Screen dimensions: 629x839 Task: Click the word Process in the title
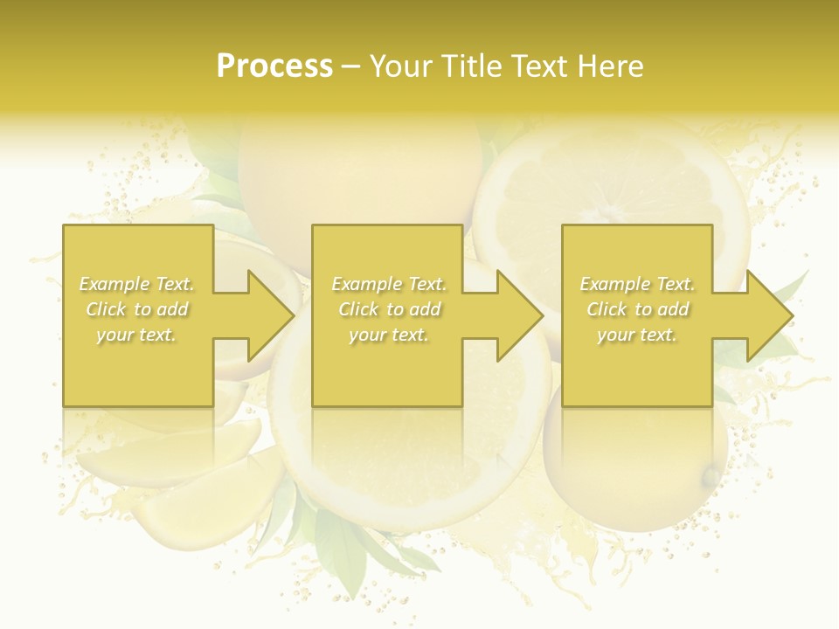pos(274,66)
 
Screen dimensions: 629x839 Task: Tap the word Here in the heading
pos(612,66)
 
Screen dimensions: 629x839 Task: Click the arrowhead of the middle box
pos(519,315)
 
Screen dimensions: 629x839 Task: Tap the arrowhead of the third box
pos(769,315)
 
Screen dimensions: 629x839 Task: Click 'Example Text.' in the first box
pos(137,284)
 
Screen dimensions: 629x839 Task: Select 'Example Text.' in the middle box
pos(389,284)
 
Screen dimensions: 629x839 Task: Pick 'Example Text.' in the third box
pos(637,284)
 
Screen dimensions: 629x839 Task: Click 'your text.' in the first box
pos(137,335)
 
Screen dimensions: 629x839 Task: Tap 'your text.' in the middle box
pos(389,335)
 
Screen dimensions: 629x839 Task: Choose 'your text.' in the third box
pos(637,335)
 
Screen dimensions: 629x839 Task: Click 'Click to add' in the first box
pos(137,309)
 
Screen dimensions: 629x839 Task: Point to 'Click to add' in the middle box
pos(389,309)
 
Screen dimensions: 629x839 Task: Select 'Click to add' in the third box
pos(637,309)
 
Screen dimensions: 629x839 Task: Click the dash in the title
pos(351,67)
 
